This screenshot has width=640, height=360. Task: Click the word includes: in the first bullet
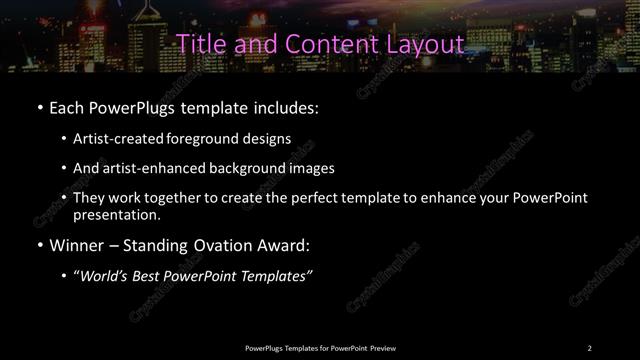coord(287,106)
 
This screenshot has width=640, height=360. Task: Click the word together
coord(172,198)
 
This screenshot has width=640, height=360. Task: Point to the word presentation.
coord(116,214)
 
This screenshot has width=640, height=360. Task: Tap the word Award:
coord(284,245)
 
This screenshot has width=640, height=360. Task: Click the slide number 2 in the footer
coord(590,347)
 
